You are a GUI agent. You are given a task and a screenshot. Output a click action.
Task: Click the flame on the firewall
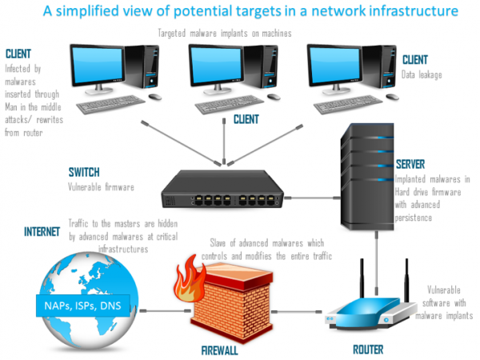190,275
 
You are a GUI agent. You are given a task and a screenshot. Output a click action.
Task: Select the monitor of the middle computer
221,67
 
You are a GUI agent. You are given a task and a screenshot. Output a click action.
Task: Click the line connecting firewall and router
301,312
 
